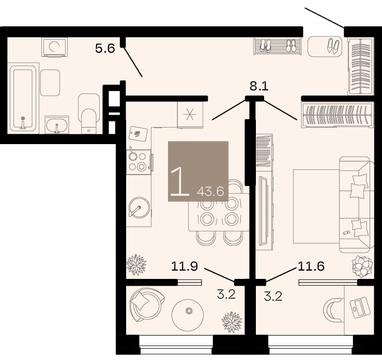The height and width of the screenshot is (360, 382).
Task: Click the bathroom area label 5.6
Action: point(105,49)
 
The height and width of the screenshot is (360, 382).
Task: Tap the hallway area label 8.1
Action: point(259,86)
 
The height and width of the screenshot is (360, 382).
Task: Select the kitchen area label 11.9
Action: point(185,267)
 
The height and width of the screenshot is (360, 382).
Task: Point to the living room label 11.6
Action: point(311,266)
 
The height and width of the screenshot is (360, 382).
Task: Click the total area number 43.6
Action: point(210,192)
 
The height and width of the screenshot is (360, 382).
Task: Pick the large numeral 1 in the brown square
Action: point(179,181)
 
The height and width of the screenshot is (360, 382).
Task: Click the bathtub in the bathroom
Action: point(23,98)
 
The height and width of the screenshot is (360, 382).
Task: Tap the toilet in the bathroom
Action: point(89,114)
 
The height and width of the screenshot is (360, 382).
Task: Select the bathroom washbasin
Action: point(57,125)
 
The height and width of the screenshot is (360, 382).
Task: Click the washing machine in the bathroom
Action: point(54,47)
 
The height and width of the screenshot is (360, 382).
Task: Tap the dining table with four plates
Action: point(219,212)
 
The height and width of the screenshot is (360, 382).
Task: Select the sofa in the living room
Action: point(357,205)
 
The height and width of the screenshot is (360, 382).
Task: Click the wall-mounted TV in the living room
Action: point(263,211)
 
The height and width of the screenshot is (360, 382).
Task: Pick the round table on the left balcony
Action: point(188,315)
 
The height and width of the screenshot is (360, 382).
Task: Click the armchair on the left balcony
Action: point(147,304)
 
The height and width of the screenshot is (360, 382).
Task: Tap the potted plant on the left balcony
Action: point(232,322)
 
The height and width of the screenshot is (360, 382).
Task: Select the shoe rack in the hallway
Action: point(278,46)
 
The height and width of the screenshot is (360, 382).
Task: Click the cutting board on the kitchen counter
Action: point(138,133)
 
